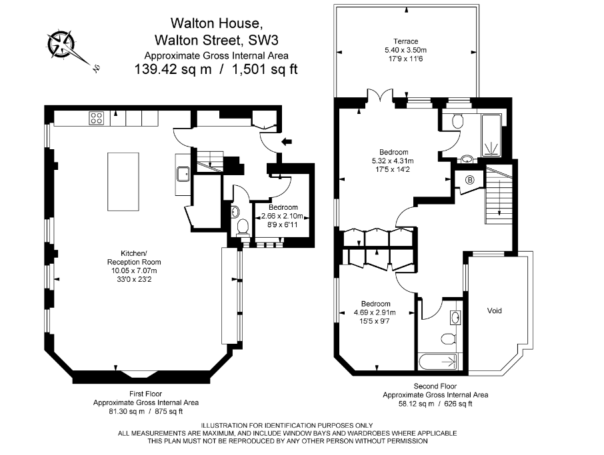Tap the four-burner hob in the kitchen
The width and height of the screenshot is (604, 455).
tap(96, 118)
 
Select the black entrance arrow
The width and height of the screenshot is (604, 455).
tap(286, 142)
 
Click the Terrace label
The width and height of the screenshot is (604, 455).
tap(405, 41)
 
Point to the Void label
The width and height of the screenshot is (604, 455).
tap(494, 310)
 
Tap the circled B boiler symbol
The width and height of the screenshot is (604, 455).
tap(470, 180)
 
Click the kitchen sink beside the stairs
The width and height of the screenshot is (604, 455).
tap(183, 175)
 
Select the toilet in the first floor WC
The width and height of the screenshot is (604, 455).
tap(243, 227)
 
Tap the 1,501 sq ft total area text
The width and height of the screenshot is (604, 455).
tap(264, 69)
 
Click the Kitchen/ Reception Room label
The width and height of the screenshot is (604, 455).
tap(133, 258)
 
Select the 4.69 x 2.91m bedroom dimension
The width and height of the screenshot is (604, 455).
tap(375, 312)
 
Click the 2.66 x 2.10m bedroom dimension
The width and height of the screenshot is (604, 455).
tap(283, 216)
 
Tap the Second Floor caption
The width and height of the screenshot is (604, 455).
tap(435, 386)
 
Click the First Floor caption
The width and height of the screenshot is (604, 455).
tap(145, 394)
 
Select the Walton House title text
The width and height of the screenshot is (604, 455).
tap(216, 23)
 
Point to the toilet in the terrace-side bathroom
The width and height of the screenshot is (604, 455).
tap(457, 121)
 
